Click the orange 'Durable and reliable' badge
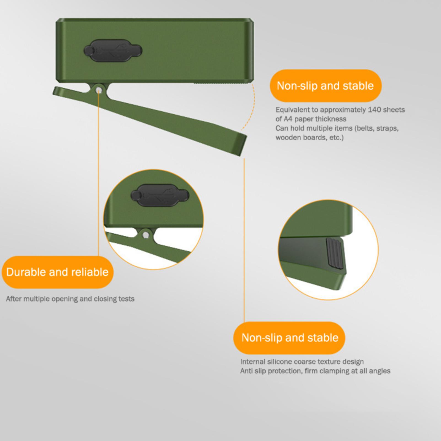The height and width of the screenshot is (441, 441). click(x=57, y=272)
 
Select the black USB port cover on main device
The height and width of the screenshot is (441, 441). click(x=113, y=50)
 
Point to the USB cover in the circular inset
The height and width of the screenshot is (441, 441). click(x=160, y=195)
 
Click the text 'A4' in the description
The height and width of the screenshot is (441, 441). click(x=288, y=119)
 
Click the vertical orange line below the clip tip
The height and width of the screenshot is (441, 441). click(x=244, y=240)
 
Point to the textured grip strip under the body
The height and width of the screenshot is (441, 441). click(x=222, y=82)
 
